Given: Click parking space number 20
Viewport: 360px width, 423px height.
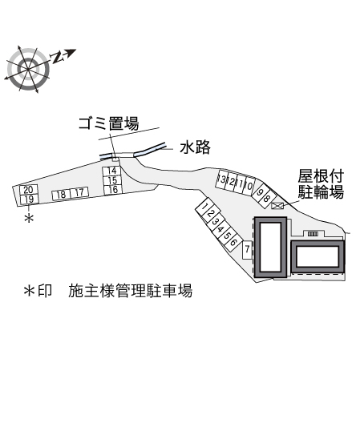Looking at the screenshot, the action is tap(28, 190).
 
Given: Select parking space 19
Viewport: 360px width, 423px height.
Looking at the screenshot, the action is tap(29, 199).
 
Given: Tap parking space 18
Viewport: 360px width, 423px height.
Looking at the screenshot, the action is tap(61, 195).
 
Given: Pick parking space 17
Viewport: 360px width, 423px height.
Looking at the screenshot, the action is tap(79, 192).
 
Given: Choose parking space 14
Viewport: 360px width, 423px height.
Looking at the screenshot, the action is tap(111, 171).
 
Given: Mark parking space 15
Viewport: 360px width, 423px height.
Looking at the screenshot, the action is tap(112, 180).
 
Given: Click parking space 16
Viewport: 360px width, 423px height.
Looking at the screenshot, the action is tap(113, 189).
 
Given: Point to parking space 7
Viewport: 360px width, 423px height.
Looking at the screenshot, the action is tap(247, 249).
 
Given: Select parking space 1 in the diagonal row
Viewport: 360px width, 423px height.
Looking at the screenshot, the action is tap(204, 207).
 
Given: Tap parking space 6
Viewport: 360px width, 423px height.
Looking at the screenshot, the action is tap(233, 242).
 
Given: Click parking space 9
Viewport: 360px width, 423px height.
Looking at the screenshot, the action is tap(260, 192).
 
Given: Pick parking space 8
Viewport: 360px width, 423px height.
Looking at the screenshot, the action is tap(266, 199).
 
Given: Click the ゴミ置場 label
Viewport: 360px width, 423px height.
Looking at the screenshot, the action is tap(108, 123).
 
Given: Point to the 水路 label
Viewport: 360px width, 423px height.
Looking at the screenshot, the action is tap(196, 147).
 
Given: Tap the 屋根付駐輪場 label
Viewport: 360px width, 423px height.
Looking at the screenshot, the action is tap(321, 184).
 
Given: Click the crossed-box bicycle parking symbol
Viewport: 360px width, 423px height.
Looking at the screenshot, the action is tap(277, 206).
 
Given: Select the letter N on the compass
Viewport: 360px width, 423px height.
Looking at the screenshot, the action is tap(58, 57).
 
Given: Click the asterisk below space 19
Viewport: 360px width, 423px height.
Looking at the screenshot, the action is tap(29, 218).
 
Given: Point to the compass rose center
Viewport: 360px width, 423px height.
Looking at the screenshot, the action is tap(28, 70).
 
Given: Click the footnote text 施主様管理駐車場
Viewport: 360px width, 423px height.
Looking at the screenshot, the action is tap(130, 291).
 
